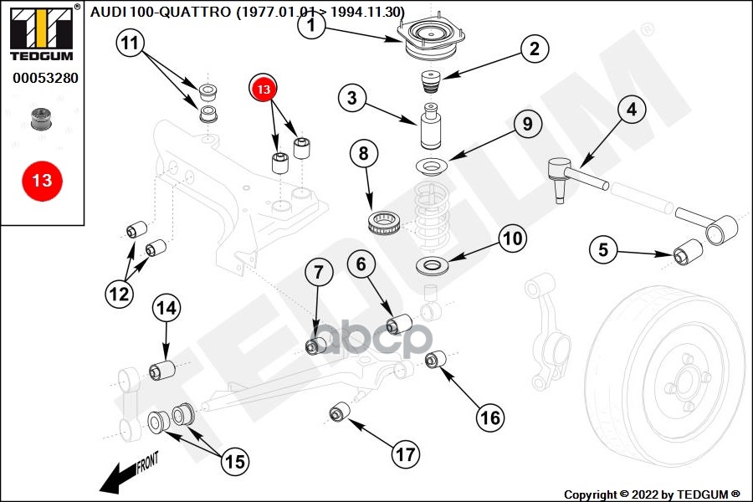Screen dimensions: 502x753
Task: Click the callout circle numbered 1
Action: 310,26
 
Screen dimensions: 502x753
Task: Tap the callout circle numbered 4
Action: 631,110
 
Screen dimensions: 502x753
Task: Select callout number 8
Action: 363,154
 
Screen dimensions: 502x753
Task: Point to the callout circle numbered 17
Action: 405,454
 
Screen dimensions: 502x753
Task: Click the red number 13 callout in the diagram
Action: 264,87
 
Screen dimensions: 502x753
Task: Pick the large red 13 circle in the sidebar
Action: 42,180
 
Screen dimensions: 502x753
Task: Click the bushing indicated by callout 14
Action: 161,368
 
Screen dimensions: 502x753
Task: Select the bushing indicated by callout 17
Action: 339,412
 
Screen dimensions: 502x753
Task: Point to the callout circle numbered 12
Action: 118,293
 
